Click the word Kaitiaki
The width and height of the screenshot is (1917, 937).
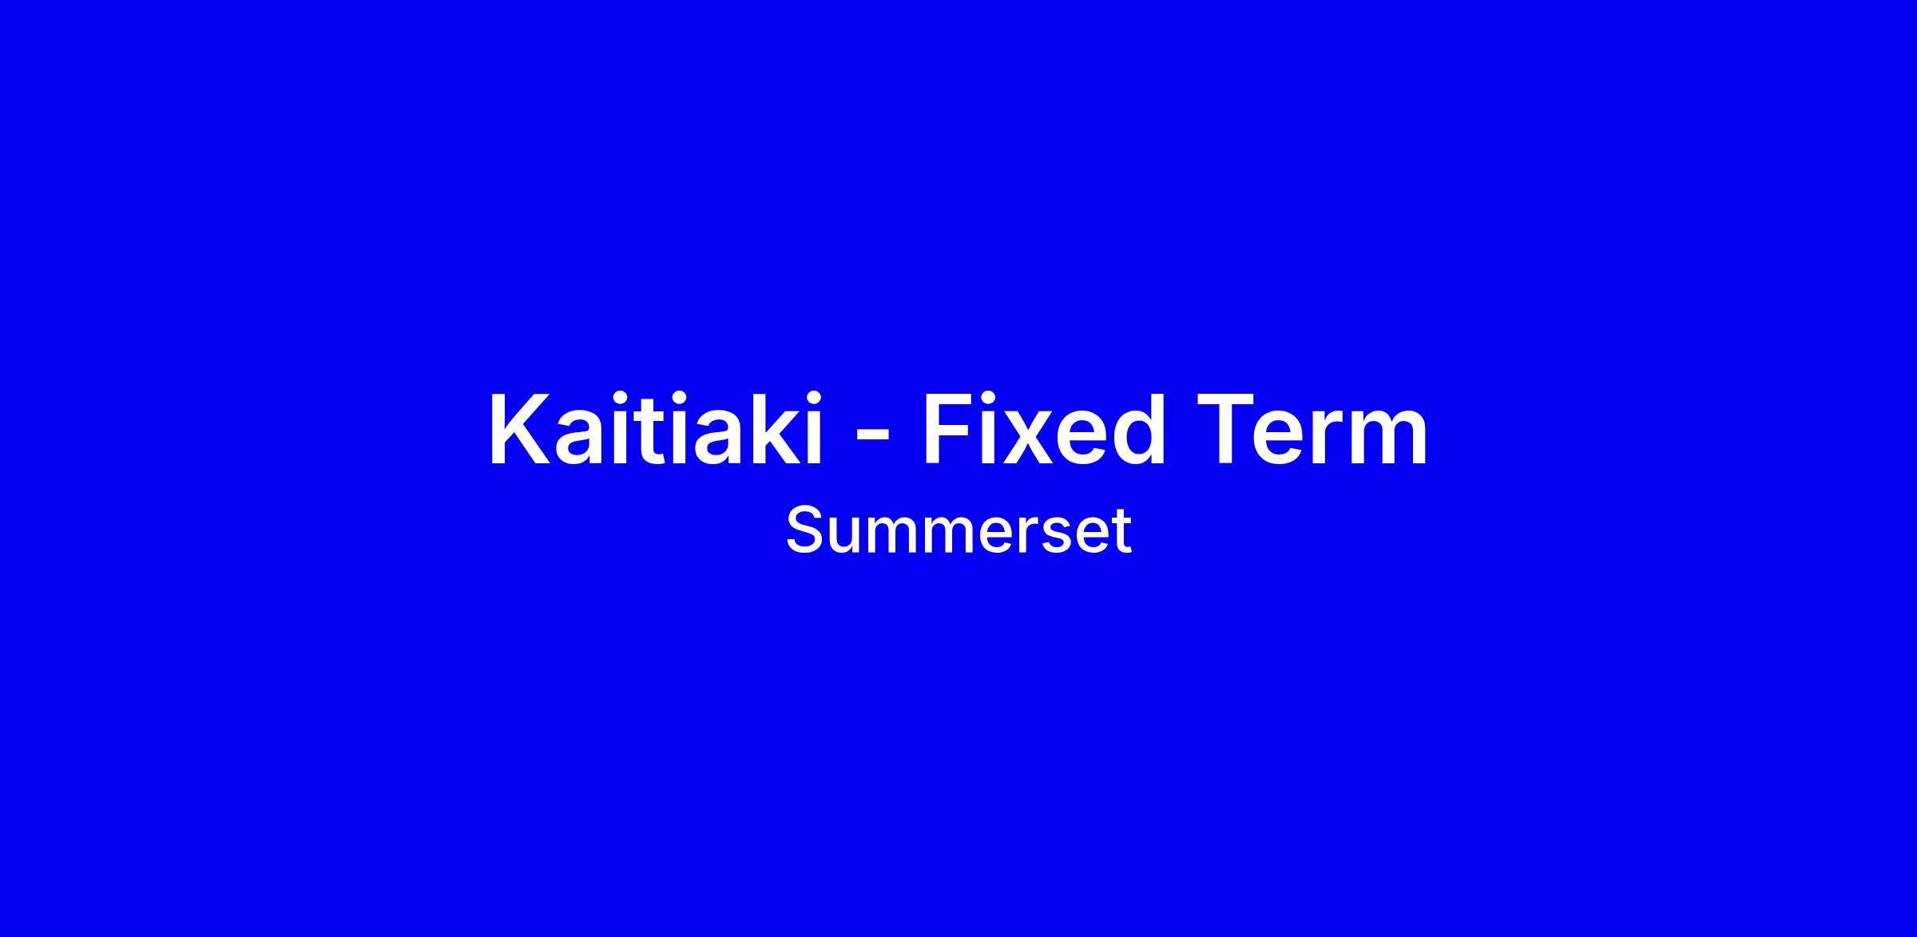pos(656,429)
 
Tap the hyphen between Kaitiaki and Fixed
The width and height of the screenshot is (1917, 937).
pos(871,437)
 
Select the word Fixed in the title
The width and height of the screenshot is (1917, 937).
pos(1044,429)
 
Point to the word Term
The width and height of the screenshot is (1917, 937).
pos(1312,429)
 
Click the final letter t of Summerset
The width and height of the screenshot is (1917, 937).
pos(1122,532)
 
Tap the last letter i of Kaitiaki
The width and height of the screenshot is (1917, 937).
pos(815,429)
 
